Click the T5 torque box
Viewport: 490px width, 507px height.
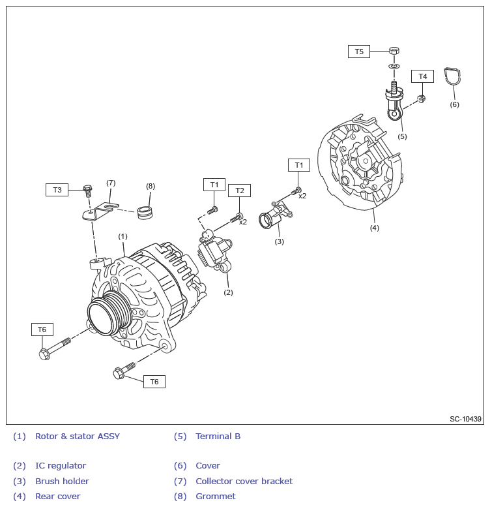[x=359, y=52]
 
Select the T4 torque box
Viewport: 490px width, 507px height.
[x=422, y=76]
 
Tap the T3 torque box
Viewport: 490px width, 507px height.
[x=57, y=190]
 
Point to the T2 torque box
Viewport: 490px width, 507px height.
[x=239, y=191]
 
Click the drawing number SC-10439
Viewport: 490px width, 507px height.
[x=465, y=419]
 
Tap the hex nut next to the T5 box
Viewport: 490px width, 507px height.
[x=394, y=51]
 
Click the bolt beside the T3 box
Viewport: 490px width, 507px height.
[x=87, y=190]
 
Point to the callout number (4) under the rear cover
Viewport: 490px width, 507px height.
[x=375, y=228]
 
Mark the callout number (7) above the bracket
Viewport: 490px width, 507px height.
[x=111, y=183]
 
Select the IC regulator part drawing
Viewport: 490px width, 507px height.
[x=214, y=251]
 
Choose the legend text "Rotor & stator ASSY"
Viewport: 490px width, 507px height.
[x=78, y=437]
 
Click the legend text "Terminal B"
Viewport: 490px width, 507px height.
[x=218, y=437]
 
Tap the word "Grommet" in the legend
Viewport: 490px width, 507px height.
[x=216, y=497]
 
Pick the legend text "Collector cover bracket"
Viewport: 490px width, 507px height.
[x=244, y=482]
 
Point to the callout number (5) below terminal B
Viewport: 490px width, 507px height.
[x=402, y=136]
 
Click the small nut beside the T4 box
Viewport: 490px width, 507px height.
[x=421, y=99]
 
